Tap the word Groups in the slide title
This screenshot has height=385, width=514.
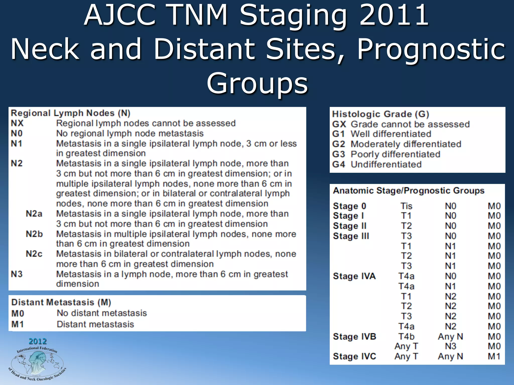[x=257, y=83]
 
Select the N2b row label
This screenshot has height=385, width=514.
[x=34, y=234]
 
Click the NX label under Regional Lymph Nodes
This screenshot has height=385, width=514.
[x=17, y=123]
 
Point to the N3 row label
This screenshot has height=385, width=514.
[x=17, y=274]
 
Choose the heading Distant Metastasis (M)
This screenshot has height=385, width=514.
[x=61, y=302]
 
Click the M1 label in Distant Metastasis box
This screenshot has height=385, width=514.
[x=18, y=324]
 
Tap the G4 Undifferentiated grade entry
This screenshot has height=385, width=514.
[x=376, y=164]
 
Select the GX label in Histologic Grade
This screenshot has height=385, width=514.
[x=339, y=124]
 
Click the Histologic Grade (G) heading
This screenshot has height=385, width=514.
[x=380, y=114]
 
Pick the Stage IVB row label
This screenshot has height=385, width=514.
[x=354, y=336]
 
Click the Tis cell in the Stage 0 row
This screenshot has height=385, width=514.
[x=406, y=206]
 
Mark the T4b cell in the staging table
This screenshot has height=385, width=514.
[x=406, y=336]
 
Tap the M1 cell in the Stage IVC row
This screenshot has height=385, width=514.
[x=494, y=356]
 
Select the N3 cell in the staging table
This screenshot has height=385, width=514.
[x=451, y=346]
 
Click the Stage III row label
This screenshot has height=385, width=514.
[x=351, y=236]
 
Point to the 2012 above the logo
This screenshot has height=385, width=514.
[x=38, y=341]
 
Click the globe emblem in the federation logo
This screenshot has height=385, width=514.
[x=37, y=362]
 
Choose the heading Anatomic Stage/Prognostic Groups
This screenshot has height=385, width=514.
[x=409, y=191]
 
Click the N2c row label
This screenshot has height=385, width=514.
[x=34, y=254]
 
